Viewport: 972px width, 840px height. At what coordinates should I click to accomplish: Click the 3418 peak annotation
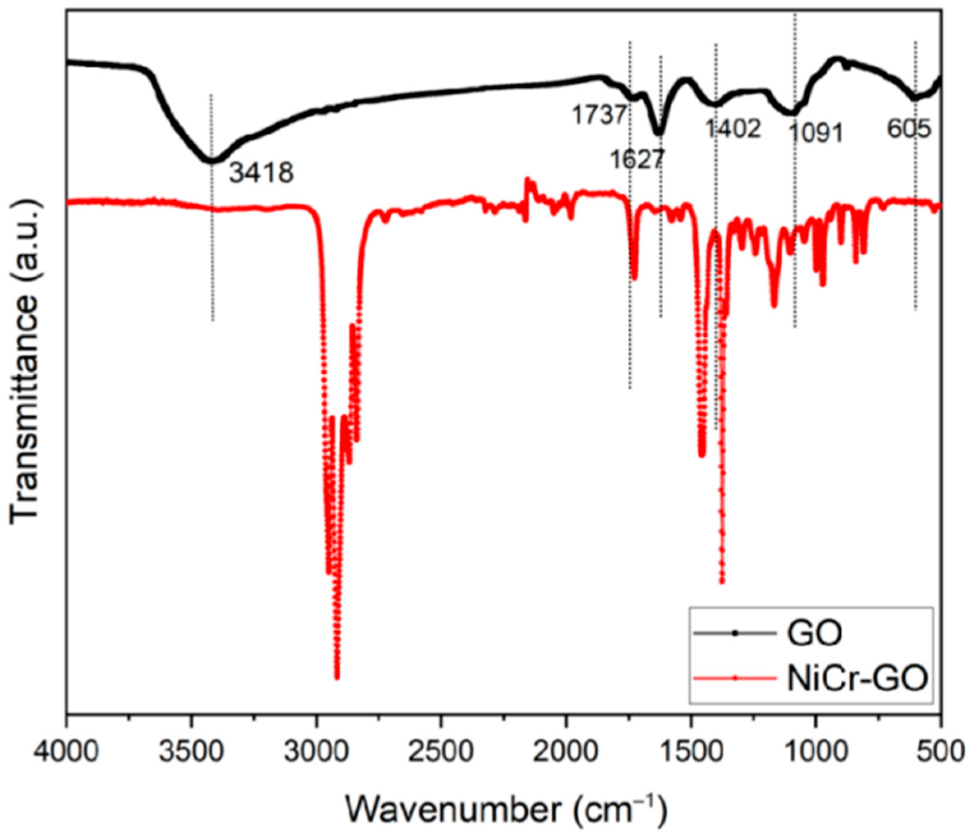click(x=261, y=173)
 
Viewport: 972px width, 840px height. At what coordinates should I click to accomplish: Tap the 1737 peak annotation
click(x=599, y=115)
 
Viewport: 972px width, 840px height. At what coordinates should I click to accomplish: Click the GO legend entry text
click(x=815, y=633)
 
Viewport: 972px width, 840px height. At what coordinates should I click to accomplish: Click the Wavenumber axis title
click(x=507, y=810)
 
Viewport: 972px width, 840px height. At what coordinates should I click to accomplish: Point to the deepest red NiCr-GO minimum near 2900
click(x=336, y=677)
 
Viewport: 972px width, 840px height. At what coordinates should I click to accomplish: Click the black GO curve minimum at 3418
click(x=210, y=161)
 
